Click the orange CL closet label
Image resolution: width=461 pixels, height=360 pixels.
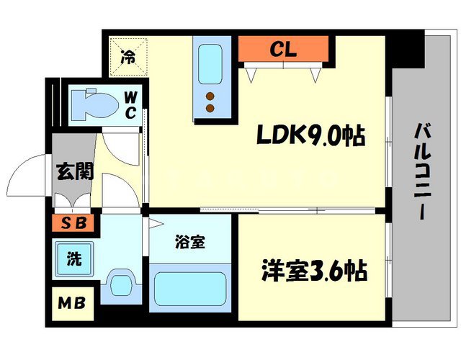click(x=285, y=49)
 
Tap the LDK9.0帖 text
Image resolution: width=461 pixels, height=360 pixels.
click(x=310, y=135)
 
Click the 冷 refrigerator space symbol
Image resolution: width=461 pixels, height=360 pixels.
click(x=127, y=56)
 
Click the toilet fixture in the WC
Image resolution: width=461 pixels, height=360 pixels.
click(x=94, y=103)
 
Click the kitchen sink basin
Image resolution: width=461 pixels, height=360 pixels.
click(x=212, y=65)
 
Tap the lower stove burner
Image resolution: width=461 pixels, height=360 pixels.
click(x=211, y=108)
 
